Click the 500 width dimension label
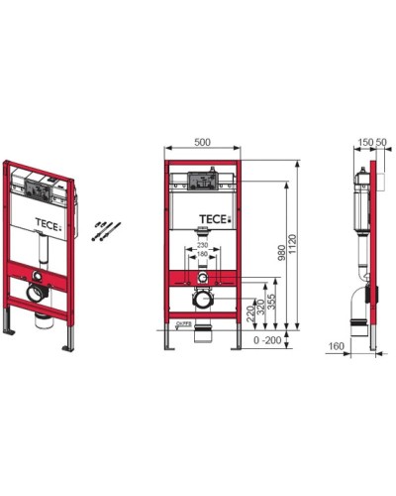pos(204,142)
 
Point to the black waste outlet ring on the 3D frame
pos(37,295)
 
